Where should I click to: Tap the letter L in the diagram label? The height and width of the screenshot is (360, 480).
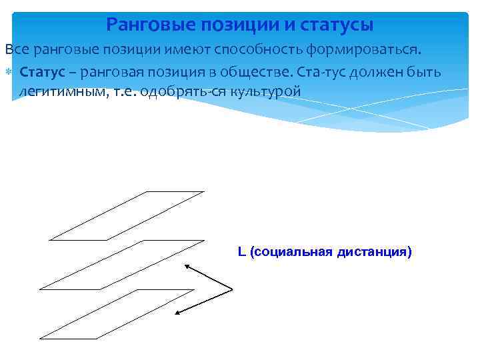pos(241,252)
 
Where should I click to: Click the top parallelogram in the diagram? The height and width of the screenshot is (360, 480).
pos(127,215)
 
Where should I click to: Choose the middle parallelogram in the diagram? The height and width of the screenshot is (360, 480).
pos(122,265)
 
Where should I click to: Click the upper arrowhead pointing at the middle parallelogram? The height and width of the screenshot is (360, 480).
pos(186,266)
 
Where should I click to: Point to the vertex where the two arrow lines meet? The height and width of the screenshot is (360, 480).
pos(232,289)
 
